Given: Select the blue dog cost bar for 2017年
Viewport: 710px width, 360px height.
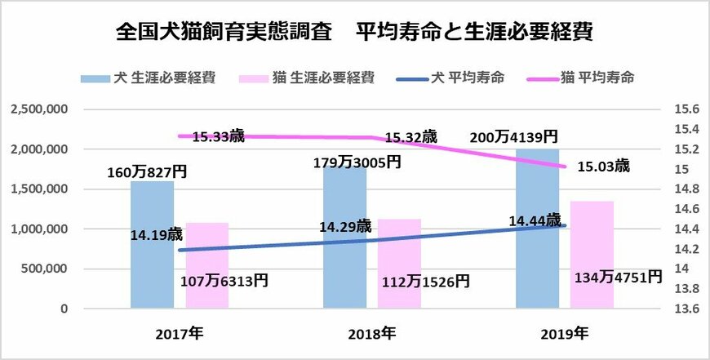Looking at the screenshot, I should tap(153, 245).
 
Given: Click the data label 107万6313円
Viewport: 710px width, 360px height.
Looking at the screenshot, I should tap(223, 281).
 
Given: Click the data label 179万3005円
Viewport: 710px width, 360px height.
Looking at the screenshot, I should tap(357, 162).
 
